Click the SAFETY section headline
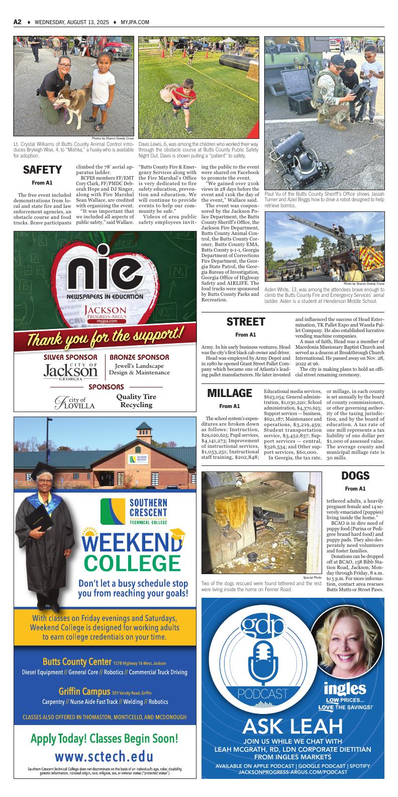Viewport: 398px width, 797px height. pos(42,170)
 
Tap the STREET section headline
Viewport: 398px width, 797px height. pos(245,322)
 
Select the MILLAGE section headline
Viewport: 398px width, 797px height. pos(229,393)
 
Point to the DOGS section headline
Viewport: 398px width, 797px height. pos(355,475)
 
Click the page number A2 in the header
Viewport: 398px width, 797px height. pos(18,22)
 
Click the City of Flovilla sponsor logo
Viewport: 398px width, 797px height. pos(75,402)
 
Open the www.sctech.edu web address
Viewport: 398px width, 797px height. pos(104,757)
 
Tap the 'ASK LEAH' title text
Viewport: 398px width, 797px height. pos(292,726)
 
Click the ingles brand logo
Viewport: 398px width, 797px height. pos(344,688)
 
